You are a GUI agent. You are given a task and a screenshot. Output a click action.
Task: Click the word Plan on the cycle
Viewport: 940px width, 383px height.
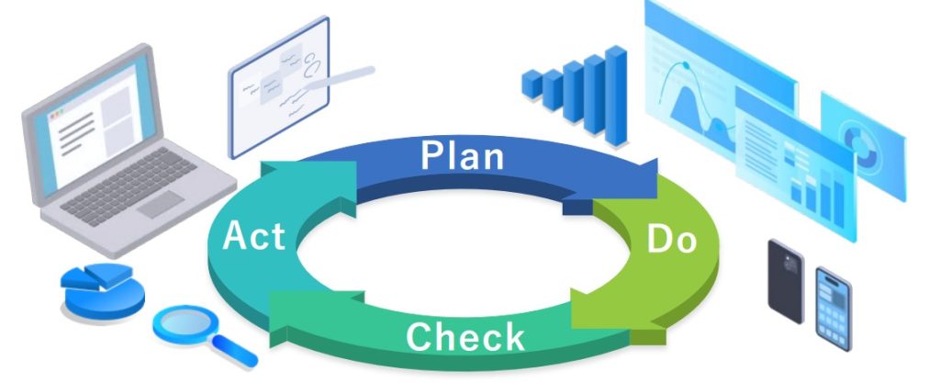[462, 156]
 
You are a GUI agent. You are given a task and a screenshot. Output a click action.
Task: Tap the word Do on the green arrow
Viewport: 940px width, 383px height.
[672, 240]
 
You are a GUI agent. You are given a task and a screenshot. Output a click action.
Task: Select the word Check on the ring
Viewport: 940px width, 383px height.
[465, 336]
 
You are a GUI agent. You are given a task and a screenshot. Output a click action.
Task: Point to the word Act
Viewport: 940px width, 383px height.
[253, 236]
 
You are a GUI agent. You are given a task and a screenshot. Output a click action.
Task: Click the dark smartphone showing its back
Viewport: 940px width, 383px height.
[785, 280]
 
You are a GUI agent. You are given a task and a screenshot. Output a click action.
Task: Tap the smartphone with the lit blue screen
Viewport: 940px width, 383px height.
[834, 306]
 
